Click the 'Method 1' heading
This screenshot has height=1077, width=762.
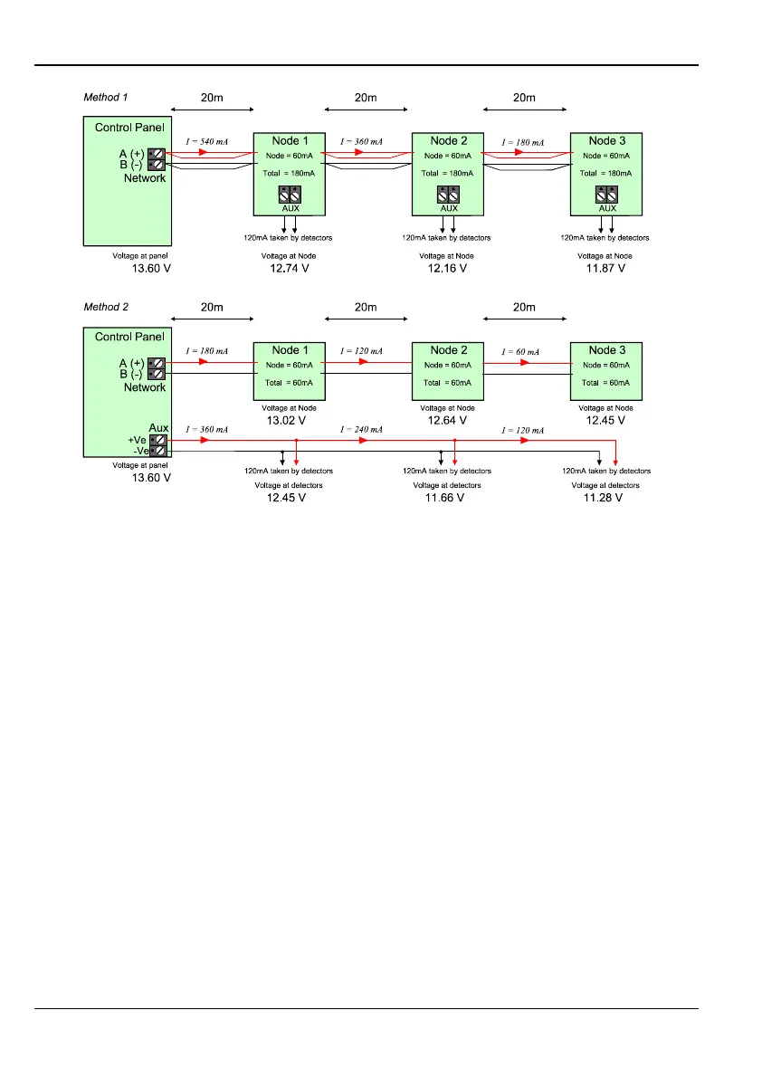pyautogui.click(x=106, y=96)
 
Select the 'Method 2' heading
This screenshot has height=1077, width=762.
pyautogui.click(x=106, y=306)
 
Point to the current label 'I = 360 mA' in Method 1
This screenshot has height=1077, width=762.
pyautogui.click(x=361, y=142)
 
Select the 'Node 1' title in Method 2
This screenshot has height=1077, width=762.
pyautogui.click(x=287, y=350)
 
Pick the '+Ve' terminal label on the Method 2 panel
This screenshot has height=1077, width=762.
pyautogui.click(x=137, y=439)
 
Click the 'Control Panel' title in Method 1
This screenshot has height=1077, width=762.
pyautogui.click(x=129, y=128)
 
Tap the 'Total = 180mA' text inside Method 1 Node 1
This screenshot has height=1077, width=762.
pyautogui.click(x=288, y=172)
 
